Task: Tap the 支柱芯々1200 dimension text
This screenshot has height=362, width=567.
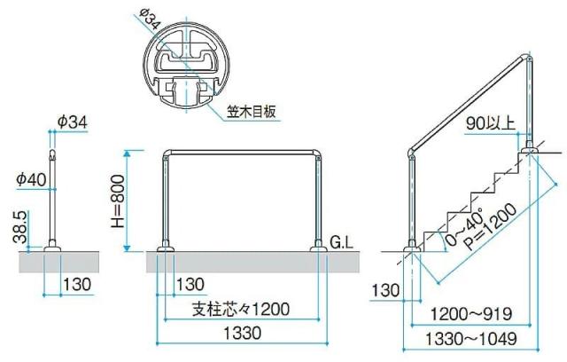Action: (x=239, y=310)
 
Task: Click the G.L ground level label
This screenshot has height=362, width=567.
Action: (x=341, y=241)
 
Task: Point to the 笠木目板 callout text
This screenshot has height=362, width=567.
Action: (x=252, y=112)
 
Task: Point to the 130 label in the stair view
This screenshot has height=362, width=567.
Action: (x=385, y=290)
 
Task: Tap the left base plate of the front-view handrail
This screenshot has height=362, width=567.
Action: (x=166, y=249)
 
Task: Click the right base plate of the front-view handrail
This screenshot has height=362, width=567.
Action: (x=318, y=249)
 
